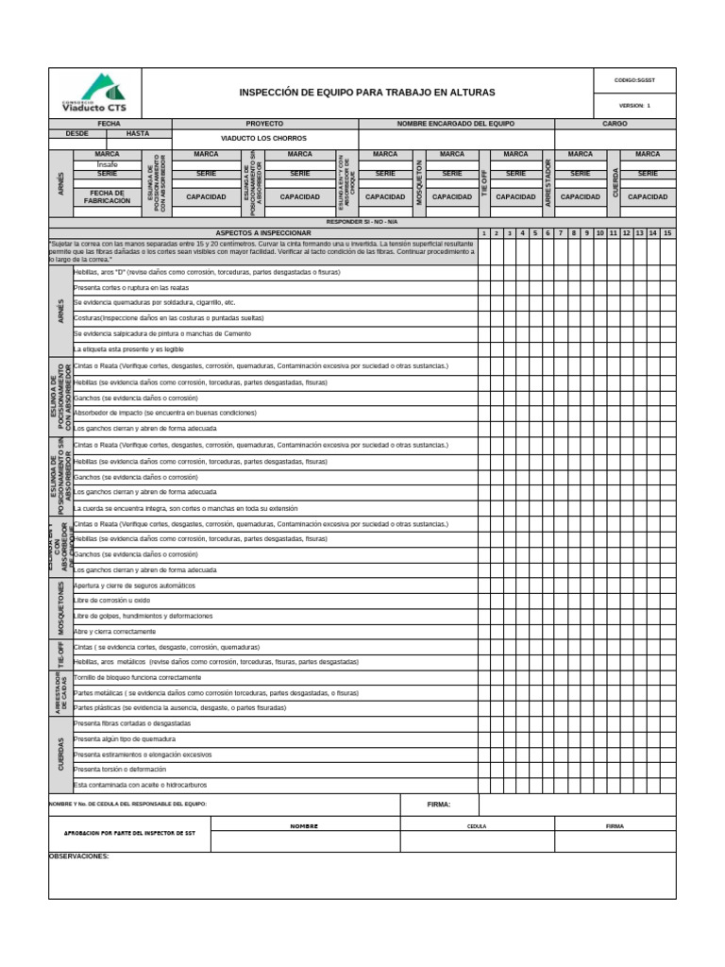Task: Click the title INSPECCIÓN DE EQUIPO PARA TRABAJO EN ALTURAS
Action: [x=367, y=93]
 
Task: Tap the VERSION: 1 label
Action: [x=634, y=106]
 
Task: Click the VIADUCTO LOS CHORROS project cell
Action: [x=264, y=138]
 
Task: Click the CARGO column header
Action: [x=615, y=124]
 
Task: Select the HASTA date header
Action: [x=138, y=134]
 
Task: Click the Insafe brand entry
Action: [x=108, y=163]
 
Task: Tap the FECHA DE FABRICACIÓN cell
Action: [x=108, y=196]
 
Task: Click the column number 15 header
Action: [x=667, y=232]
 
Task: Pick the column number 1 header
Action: [x=483, y=232]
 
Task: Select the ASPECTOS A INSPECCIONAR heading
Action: [x=263, y=232]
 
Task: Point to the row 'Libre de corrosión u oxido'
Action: [x=111, y=601]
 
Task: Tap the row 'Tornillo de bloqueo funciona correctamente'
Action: [x=137, y=677]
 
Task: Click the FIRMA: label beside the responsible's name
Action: [x=439, y=805]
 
